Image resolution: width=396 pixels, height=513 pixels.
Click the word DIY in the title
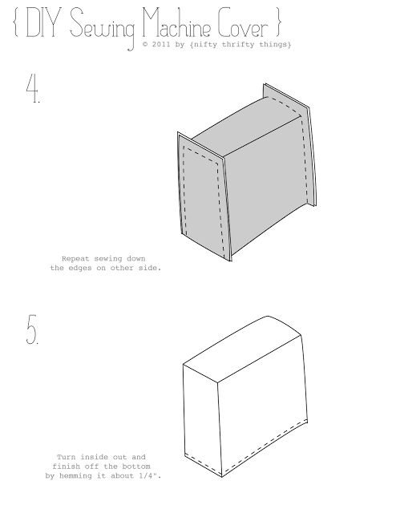click(43, 22)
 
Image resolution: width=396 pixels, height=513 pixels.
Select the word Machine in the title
click(176, 22)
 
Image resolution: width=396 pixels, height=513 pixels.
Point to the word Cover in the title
click(243, 22)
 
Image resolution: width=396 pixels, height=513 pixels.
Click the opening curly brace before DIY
click(15, 22)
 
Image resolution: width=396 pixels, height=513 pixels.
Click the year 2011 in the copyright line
click(161, 44)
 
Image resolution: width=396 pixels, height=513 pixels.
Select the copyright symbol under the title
click(145, 44)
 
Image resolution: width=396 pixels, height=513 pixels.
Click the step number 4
click(33, 88)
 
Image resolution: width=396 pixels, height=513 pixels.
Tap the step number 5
click(32, 329)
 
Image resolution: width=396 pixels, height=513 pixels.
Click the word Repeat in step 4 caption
click(75, 259)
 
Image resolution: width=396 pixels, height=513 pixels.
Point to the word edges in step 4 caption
click(80, 268)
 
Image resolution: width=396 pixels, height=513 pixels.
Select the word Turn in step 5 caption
click(66, 457)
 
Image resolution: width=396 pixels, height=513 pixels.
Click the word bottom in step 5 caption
click(136, 467)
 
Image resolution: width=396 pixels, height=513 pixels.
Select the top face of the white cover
click(242, 349)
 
